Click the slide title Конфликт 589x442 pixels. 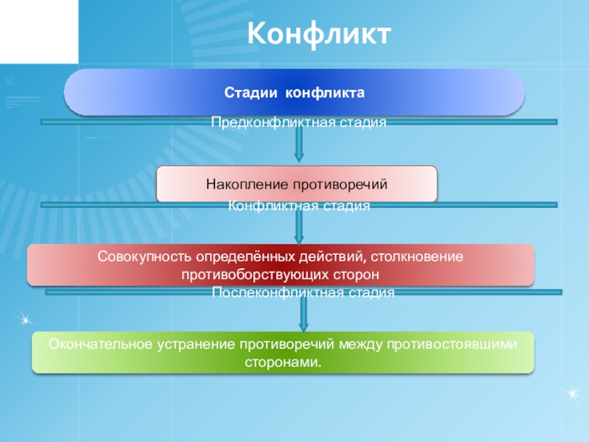(317, 34)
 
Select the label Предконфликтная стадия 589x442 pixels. (299, 122)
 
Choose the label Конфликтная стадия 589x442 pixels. (299, 206)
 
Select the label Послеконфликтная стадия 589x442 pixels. (303, 292)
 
